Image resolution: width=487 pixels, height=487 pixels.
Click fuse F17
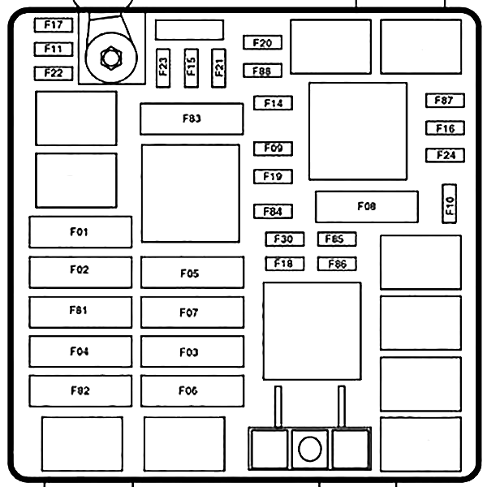tap(54, 25)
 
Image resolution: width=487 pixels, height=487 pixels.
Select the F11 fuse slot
tap(54, 49)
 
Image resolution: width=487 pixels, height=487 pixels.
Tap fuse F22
tap(54, 73)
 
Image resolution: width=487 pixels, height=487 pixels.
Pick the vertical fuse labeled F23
tap(164, 67)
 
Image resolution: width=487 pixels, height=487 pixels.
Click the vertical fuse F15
tap(191, 67)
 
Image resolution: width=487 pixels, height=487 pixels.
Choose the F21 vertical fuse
tap(218, 67)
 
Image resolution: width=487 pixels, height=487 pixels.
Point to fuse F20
tap(262, 43)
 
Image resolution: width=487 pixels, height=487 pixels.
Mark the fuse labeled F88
tap(262, 71)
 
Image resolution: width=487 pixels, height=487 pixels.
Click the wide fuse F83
tap(192, 119)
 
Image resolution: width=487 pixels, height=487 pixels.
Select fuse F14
tap(273, 103)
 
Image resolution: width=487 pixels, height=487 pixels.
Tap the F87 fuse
tap(444, 101)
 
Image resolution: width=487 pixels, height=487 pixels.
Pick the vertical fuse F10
tap(449, 203)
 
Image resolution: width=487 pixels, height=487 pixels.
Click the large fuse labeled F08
tap(366, 207)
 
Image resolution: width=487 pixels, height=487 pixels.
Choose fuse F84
tap(273, 212)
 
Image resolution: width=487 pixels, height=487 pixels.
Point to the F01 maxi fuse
tap(80, 232)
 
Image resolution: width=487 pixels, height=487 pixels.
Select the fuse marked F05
tap(192, 273)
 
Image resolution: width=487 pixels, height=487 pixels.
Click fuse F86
tap(337, 264)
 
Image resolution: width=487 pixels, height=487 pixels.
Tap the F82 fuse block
tap(80, 390)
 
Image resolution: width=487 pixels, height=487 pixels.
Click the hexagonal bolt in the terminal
tap(110, 58)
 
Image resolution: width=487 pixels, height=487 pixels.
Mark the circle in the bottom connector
tap(309, 448)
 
